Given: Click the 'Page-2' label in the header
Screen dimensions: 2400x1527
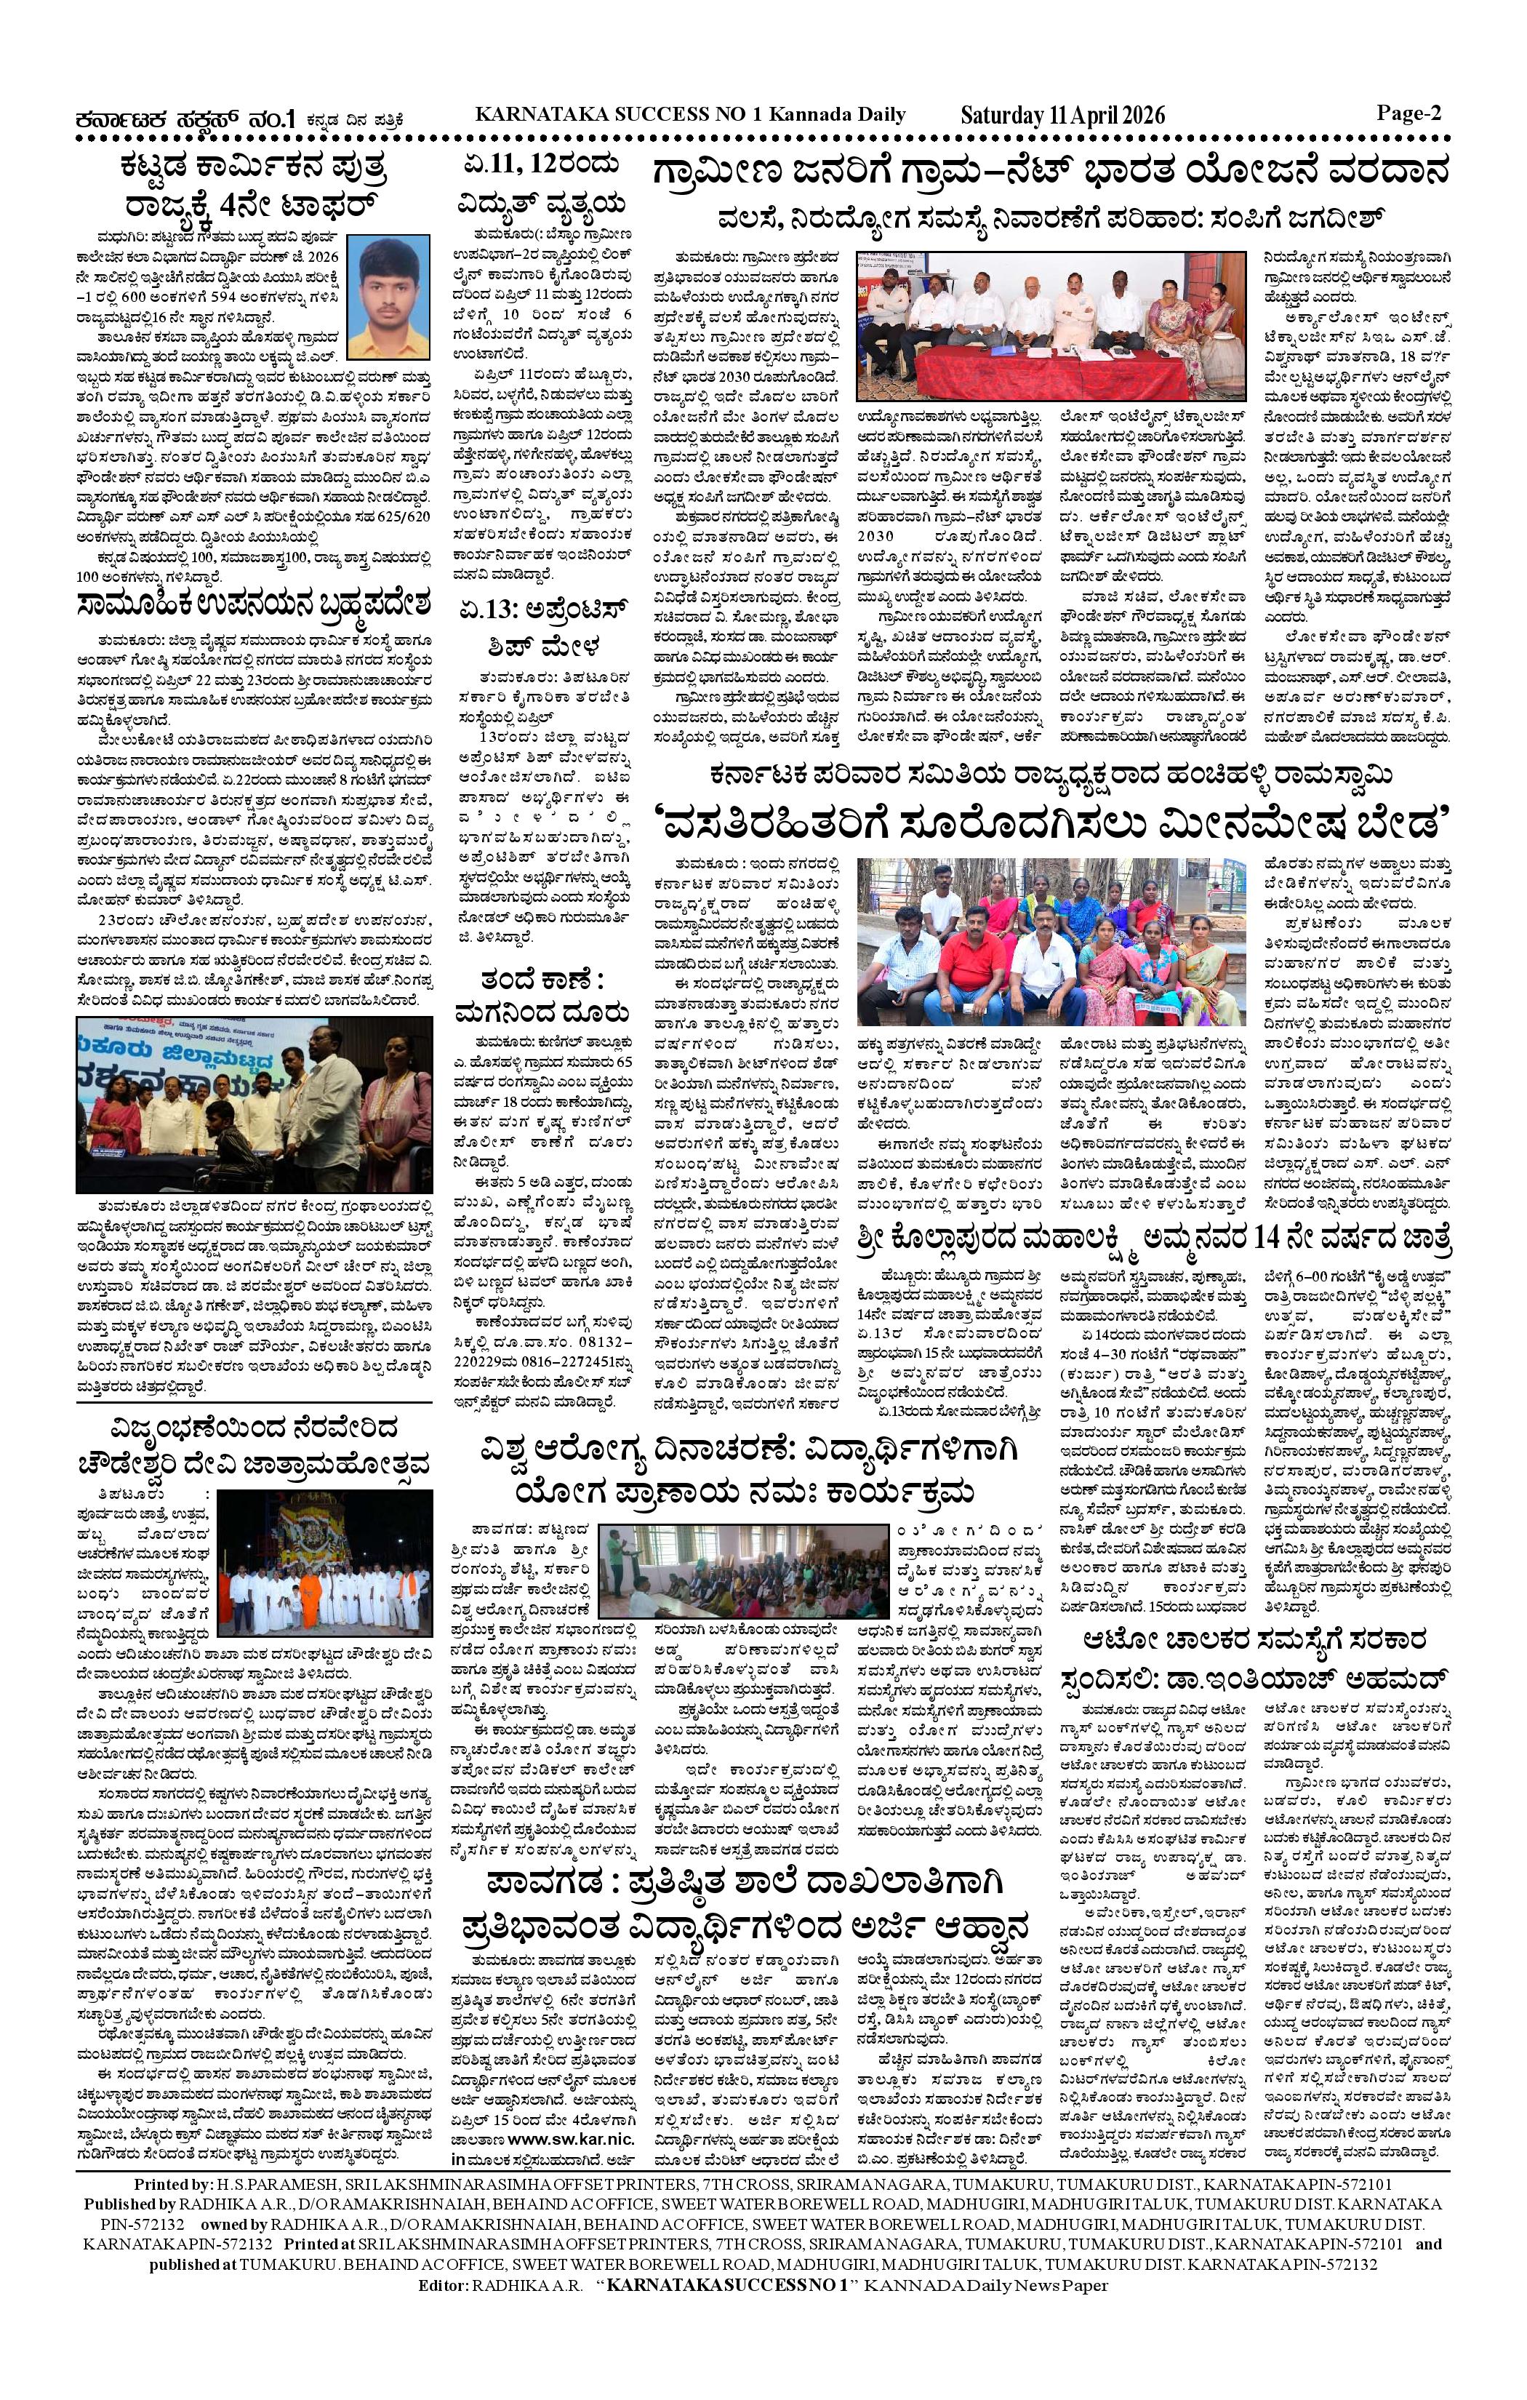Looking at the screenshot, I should coord(1409,113).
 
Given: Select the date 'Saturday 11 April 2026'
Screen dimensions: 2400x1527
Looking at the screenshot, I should coord(1062,116).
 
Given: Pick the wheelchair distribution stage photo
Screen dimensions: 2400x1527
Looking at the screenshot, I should coord(254,1103).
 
